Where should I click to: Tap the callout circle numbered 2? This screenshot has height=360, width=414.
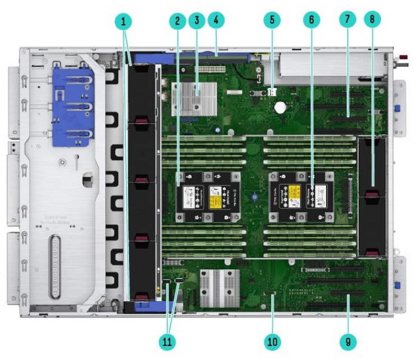click(177, 21)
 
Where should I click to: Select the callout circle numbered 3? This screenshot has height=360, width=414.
click(196, 21)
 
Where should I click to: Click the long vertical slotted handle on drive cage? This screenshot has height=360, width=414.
click(54, 263)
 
